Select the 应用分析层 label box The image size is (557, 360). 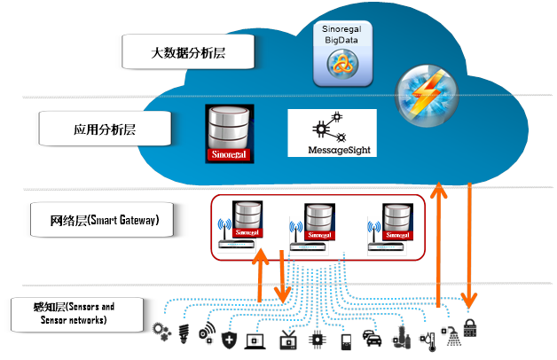[x=105, y=130]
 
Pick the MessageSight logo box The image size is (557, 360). [x=332, y=133]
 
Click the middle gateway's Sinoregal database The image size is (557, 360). [x=318, y=222]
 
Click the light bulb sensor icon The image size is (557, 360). [x=184, y=335]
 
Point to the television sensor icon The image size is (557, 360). [x=287, y=338]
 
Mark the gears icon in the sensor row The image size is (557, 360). [x=161, y=332]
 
